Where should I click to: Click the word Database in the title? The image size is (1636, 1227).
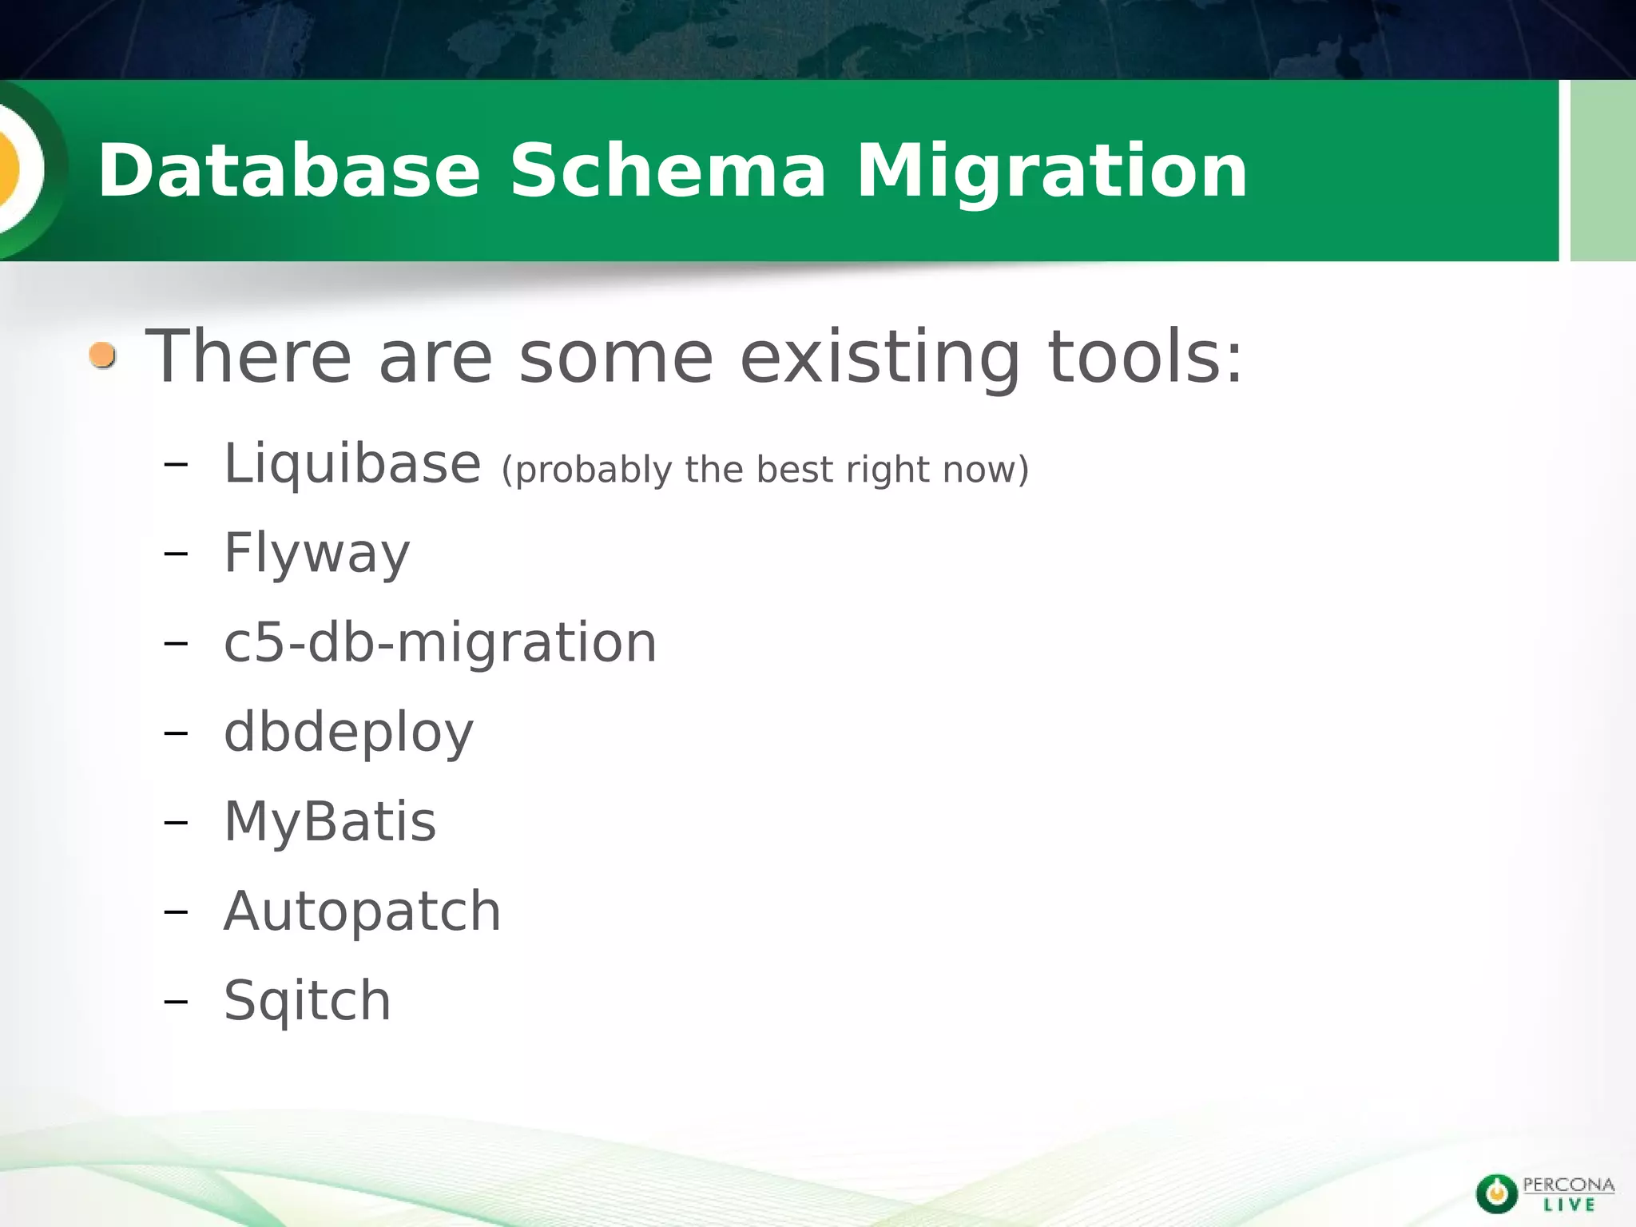coord(288,171)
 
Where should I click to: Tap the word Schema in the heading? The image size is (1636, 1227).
coord(668,171)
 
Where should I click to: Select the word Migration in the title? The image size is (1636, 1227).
coord(1052,171)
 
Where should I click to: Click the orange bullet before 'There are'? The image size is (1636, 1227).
coord(103,355)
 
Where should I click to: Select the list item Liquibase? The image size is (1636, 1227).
coord(352,464)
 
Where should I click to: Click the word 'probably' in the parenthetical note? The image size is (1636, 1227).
coord(586,470)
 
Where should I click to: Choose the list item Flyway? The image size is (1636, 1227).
coord(316,554)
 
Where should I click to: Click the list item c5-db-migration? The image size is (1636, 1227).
coord(440,642)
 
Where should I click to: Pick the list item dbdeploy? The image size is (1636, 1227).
coord(348,733)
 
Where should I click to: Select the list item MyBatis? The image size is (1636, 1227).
coord(330,821)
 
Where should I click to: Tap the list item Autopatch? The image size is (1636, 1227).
coord(362,911)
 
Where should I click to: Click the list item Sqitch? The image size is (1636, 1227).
coord(307,1001)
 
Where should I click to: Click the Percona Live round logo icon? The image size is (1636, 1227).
coord(1496,1193)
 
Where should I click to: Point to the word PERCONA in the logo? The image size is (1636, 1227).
coord(1568,1184)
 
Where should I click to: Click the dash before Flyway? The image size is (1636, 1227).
coord(175,554)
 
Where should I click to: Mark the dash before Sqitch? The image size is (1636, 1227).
coord(175,1001)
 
